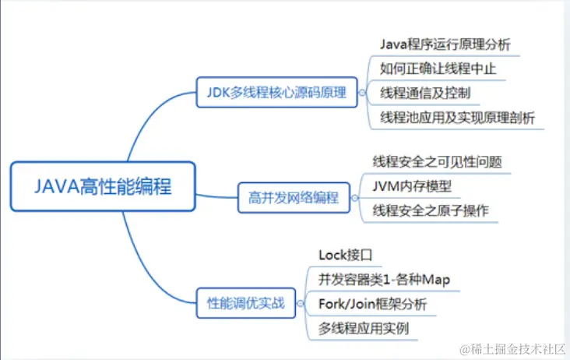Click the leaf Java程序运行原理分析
tap(445, 43)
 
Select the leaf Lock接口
tap(347, 254)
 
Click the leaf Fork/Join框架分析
tap(372, 303)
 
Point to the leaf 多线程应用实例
tap(363, 328)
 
